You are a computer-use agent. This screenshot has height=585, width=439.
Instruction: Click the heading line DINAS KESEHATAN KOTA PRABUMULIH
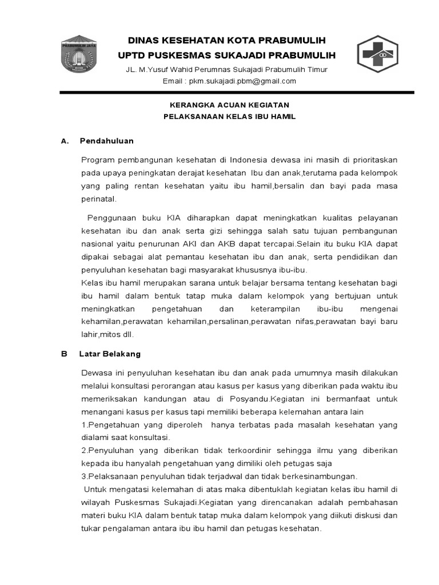pos(226,41)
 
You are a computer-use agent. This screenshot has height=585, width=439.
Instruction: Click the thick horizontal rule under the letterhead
pos(237,93)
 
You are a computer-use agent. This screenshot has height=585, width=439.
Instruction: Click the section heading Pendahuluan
pos(107,141)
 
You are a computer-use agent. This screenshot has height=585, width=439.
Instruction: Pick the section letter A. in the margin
pos(65,141)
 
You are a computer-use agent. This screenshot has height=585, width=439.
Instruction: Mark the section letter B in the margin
pos(64,354)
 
